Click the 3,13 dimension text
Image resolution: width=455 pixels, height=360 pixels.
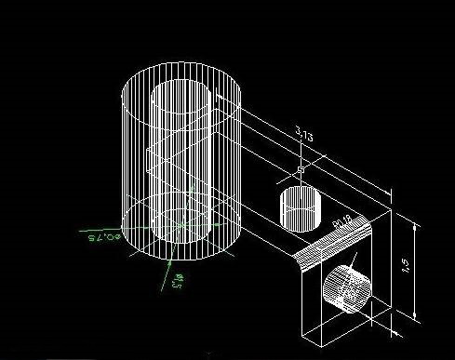click(302, 137)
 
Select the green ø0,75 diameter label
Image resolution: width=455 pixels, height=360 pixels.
click(104, 238)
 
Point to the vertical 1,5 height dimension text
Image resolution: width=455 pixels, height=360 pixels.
click(407, 266)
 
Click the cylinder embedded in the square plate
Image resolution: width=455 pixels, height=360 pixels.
click(345, 289)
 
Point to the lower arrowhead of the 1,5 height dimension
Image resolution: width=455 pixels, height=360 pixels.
click(413, 315)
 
